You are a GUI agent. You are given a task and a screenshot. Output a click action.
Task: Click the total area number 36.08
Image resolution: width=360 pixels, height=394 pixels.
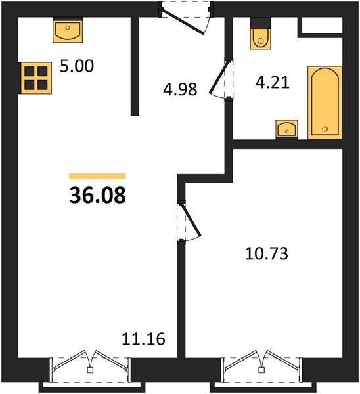tap(97, 196)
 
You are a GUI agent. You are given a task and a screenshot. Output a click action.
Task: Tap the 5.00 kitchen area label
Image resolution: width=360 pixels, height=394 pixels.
tap(77, 66)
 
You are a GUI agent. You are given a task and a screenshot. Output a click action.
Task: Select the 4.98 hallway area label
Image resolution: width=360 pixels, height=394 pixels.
tap(180, 89)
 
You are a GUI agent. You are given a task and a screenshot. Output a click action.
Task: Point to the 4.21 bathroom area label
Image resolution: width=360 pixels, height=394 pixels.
tap(273, 82)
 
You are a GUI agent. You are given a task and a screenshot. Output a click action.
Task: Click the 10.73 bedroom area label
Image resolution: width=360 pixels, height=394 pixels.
tap(267, 253)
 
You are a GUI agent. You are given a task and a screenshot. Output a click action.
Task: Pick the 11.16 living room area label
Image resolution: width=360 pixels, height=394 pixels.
tap(144, 339)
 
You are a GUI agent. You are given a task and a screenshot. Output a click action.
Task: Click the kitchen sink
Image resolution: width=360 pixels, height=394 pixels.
tap(68, 30)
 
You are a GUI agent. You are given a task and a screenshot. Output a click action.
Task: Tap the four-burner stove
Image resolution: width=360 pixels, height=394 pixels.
tap(35, 78)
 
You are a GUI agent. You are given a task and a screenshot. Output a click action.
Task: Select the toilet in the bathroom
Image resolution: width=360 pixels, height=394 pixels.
tap(261, 33)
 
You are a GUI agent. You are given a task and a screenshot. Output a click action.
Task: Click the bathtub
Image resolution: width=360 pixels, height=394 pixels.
tap(325, 102)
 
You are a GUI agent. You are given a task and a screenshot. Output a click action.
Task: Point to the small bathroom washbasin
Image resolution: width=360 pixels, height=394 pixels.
tap(286, 129)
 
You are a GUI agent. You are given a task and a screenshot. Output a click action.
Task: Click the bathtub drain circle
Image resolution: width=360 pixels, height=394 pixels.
tap(325, 129)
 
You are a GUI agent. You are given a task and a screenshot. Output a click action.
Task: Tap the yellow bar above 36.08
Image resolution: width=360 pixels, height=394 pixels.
tap(97, 176)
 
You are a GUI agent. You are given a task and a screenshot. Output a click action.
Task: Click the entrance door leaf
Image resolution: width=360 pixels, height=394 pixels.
tap(183, 22)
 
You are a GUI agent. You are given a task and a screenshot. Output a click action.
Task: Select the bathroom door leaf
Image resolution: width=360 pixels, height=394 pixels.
tap(219, 76)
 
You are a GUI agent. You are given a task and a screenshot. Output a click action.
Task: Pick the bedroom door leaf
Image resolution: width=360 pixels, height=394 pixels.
tap(191, 220)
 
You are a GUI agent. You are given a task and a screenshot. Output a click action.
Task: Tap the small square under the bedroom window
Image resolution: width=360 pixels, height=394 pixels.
tap(261, 370)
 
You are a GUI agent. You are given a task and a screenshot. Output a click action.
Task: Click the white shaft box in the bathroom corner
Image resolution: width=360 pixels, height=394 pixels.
tap(322, 25)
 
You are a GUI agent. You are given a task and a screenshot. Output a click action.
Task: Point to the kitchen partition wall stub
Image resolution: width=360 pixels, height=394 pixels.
tap(135, 66)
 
